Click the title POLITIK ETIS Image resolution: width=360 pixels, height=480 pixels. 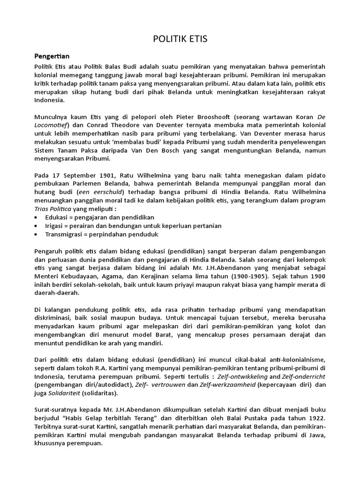(x=180, y=39)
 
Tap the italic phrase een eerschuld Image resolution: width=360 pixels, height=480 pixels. (x=100, y=192)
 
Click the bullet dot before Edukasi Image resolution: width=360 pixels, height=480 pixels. (x=37, y=218)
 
